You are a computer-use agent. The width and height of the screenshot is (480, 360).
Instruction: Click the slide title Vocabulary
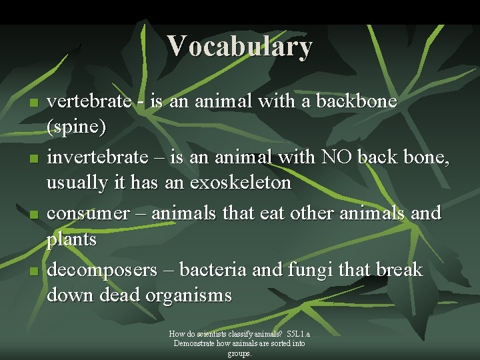click(x=239, y=46)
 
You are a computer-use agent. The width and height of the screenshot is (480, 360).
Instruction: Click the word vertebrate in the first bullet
click(x=89, y=101)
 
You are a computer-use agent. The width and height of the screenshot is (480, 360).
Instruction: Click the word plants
click(x=72, y=239)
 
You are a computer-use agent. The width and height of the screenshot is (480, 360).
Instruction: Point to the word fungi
click(x=319, y=270)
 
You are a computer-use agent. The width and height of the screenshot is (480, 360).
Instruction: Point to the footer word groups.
click(x=239, y=353)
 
